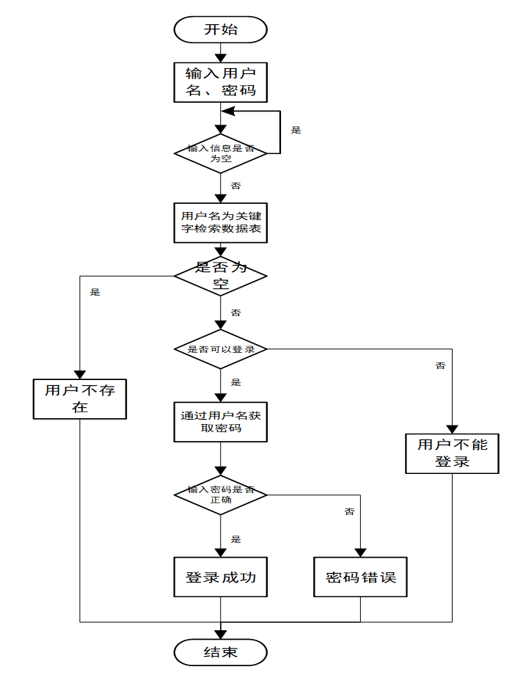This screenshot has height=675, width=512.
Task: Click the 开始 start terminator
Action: point(220,29)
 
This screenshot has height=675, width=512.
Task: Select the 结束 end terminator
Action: point(220,652)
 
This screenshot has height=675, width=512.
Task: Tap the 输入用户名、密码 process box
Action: point(220,82)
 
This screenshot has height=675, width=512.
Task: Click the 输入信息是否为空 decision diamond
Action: point(220,153)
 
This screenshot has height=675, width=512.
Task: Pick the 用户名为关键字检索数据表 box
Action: point(220,222)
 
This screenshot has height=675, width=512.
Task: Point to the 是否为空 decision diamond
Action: point(220,276)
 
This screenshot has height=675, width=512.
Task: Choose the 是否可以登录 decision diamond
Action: point(220,349)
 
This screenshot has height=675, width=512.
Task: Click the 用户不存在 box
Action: point(80,399)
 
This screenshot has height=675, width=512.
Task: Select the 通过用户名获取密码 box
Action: point(220,422)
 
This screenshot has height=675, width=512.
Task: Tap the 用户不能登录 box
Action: point(452,453)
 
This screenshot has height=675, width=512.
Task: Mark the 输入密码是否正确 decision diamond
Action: point(220,495)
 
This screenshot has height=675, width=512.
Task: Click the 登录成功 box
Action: point(220,577)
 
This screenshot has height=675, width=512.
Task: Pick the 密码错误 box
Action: point(361,577)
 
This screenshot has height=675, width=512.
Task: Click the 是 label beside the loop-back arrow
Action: point(296,130)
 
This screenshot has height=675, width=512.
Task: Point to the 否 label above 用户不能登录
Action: point(440,365)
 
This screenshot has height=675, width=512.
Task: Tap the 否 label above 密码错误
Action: point(349,511)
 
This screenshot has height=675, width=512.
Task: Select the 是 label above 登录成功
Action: point(235,539)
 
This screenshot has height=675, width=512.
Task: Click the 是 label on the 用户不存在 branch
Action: point(95,292)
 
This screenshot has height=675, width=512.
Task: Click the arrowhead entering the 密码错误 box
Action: point(361,552)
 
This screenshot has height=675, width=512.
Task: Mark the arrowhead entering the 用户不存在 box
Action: point(80,374)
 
